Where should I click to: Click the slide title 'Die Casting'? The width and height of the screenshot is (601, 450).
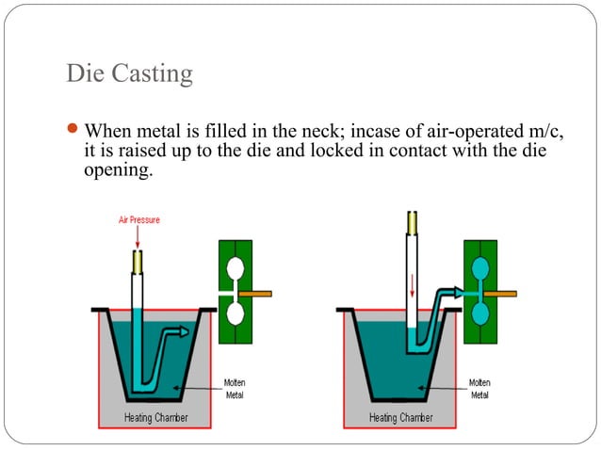pos(129,72)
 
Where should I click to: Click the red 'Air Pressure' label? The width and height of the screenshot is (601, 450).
pos(138,219)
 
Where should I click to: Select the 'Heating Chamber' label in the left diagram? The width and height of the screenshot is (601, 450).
pos(157,417)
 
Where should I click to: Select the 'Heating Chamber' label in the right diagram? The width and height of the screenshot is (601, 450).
pos(400,417)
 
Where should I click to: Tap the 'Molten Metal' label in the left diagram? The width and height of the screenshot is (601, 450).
pos(236,388)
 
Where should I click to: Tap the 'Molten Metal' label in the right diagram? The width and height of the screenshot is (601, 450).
pos(479,388)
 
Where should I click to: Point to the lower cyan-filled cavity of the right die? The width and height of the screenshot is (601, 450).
pos(479,313)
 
